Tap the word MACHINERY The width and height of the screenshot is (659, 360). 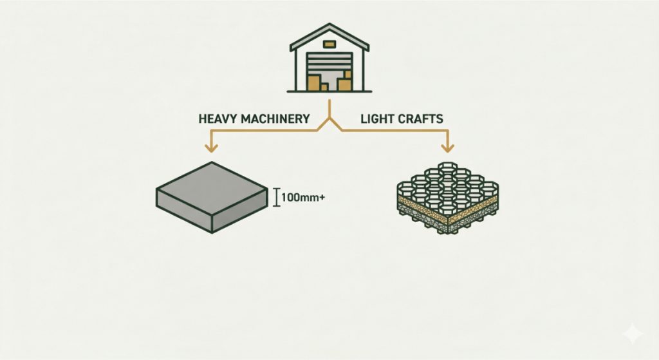(275, 118)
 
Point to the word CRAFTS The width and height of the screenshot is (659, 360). (420, 118)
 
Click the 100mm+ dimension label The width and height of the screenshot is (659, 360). (302, 197)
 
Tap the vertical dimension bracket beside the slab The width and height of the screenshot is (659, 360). (276, 197)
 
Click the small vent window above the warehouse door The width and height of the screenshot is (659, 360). (329, 44)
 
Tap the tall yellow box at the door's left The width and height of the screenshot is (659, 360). (313, 83)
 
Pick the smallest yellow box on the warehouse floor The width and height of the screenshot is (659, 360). (324, 87)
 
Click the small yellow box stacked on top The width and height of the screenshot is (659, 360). (347, 75)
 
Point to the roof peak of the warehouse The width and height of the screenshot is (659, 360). (329, 24)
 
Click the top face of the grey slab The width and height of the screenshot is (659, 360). (212, 185)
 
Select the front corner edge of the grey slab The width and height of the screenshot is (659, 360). (212, 221)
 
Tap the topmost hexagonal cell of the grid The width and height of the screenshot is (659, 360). (447, 166)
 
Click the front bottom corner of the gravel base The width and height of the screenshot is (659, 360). (448, 232)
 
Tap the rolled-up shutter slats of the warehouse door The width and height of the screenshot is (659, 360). (329, 64)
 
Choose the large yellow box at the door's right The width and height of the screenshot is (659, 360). (344, 84)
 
